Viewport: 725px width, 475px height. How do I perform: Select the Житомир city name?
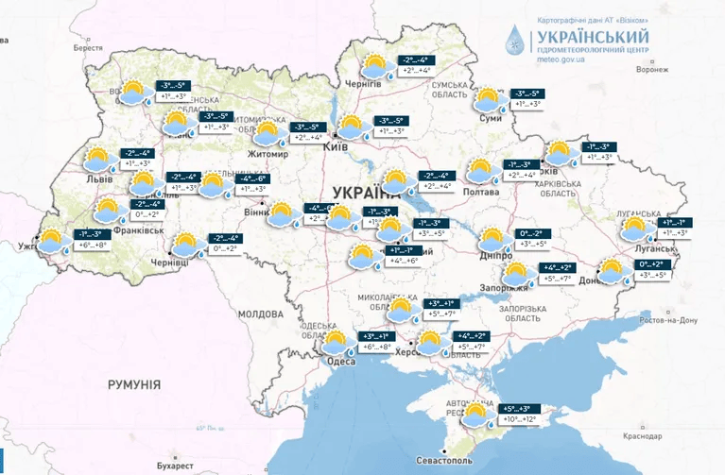268,154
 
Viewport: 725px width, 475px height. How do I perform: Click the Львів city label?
97,178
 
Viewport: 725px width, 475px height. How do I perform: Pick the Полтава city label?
479,191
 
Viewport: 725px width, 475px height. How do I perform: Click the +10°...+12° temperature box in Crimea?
518,418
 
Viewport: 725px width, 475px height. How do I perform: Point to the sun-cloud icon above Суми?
489,99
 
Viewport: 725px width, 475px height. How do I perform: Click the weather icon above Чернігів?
376,66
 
